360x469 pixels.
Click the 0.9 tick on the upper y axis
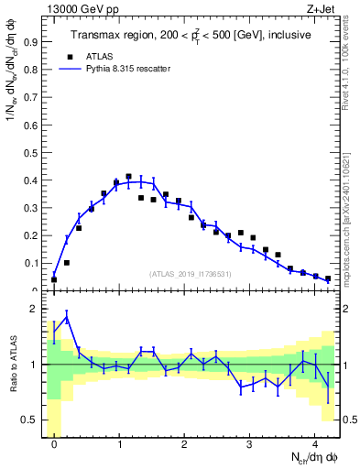[32, 41]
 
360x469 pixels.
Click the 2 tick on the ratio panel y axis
[36, 310]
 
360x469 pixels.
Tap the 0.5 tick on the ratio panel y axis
[32, 420]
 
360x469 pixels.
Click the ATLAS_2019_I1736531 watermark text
[191, 273]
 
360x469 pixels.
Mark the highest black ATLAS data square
[128, 176]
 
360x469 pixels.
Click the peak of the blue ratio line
[66, 317]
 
